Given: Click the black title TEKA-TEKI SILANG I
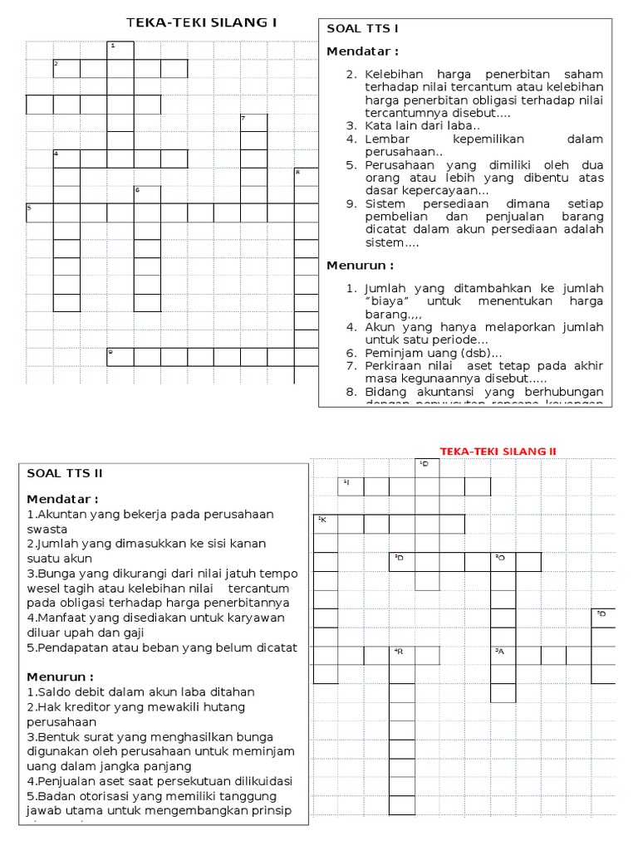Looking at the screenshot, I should (x=201, y=22).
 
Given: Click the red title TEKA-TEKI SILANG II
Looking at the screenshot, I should (x=498, y=451).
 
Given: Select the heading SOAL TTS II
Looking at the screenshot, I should (x=64, y=473).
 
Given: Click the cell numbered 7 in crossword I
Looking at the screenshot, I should (x=253, y=122).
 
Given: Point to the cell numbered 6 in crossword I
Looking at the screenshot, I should (x=147, y=194).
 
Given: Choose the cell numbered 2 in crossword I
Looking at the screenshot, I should (x=66, y=68).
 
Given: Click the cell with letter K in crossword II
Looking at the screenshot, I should (x=326, y=524).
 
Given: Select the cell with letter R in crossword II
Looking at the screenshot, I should (x=402, y=655).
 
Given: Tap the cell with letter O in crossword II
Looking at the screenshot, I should (x=503, y=562).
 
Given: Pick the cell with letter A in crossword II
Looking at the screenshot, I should (x=503, y=655).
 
